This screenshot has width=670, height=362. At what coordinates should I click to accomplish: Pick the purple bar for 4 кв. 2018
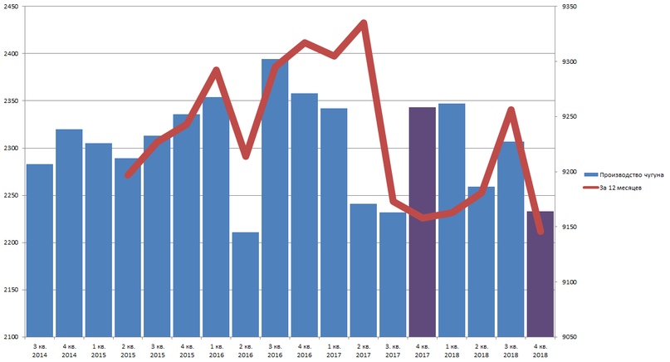[x=540, y=274]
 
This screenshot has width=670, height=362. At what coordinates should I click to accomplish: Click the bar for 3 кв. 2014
[x=40, y=250]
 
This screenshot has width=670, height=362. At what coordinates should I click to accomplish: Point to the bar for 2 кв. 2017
[x=363, y=270]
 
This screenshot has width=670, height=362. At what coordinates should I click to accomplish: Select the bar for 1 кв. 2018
[x=452, y=220]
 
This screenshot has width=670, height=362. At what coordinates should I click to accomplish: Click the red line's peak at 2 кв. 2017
[x=363, y=23]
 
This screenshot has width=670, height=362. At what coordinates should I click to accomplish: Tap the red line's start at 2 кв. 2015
[x=128, y=175]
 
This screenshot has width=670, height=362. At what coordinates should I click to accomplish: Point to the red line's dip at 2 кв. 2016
[x=246, y=156]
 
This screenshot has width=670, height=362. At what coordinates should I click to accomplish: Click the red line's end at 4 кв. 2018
[x=540, y=232]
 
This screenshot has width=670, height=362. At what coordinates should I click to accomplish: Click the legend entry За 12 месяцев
[x=615, y=188]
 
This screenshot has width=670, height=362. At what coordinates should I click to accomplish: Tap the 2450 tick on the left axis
[x=13, y=7]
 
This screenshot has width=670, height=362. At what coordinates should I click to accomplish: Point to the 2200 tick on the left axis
[x=13, y=242]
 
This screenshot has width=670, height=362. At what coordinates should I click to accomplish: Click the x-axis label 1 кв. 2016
[x=216, y=349]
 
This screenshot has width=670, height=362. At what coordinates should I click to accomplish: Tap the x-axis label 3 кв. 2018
[x=511, y=349]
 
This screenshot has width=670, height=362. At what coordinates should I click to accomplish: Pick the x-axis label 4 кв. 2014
[x=69, y=349]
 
